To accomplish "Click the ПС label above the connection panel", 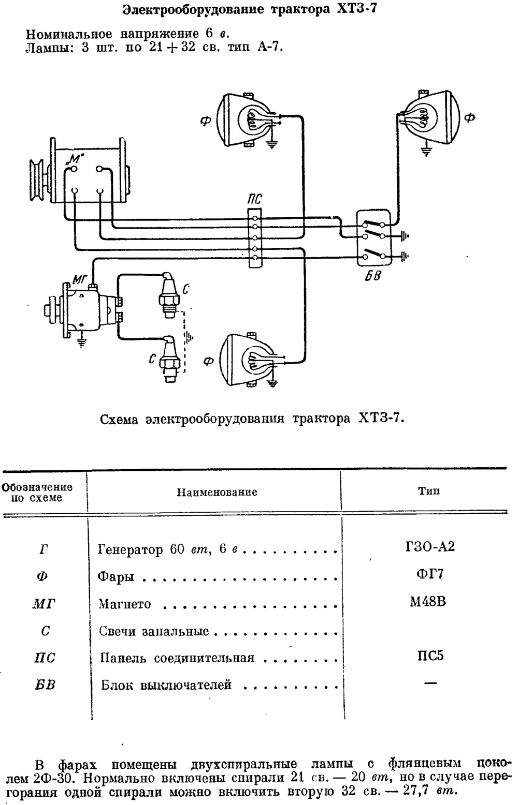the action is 255,199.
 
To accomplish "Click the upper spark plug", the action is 168,294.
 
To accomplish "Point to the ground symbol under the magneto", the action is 82,341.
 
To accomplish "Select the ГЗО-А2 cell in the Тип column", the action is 429,547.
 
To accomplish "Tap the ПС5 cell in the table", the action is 430,656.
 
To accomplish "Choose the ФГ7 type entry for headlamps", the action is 429,574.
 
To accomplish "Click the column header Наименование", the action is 217,492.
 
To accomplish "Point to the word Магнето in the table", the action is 124,604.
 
